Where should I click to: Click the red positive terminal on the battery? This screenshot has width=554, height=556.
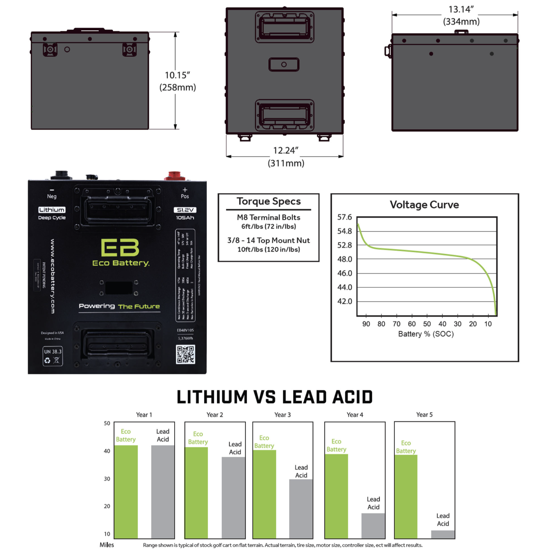tap(174, 176)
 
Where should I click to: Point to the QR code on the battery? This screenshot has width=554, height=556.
tap(185, 354)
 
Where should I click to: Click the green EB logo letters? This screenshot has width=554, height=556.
tap(120, 248)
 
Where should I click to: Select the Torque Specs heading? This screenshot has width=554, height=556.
tap(268, 202)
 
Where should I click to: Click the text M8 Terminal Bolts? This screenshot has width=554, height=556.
tap(268, 217)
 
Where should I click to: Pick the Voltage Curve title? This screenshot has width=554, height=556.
tap(424, 205)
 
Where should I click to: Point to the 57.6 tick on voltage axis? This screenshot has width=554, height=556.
tap(344, 217)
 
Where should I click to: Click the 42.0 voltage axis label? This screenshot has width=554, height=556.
tap(344, 301)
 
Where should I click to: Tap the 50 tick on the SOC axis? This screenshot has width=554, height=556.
tap(427, 324)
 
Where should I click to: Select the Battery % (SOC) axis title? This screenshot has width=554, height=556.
tap(426, 334)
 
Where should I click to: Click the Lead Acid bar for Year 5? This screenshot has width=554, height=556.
tap(443, 534)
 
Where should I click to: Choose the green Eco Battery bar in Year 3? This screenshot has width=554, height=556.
tap(264, 494)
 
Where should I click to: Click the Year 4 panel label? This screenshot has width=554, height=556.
tap(355, 415)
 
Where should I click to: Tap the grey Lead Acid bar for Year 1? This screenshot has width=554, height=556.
tap(162, 491)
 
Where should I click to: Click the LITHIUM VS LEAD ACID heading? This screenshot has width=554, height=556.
tap(275, 397)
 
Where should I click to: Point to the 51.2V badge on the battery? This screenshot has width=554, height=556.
tap(185, 210)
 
